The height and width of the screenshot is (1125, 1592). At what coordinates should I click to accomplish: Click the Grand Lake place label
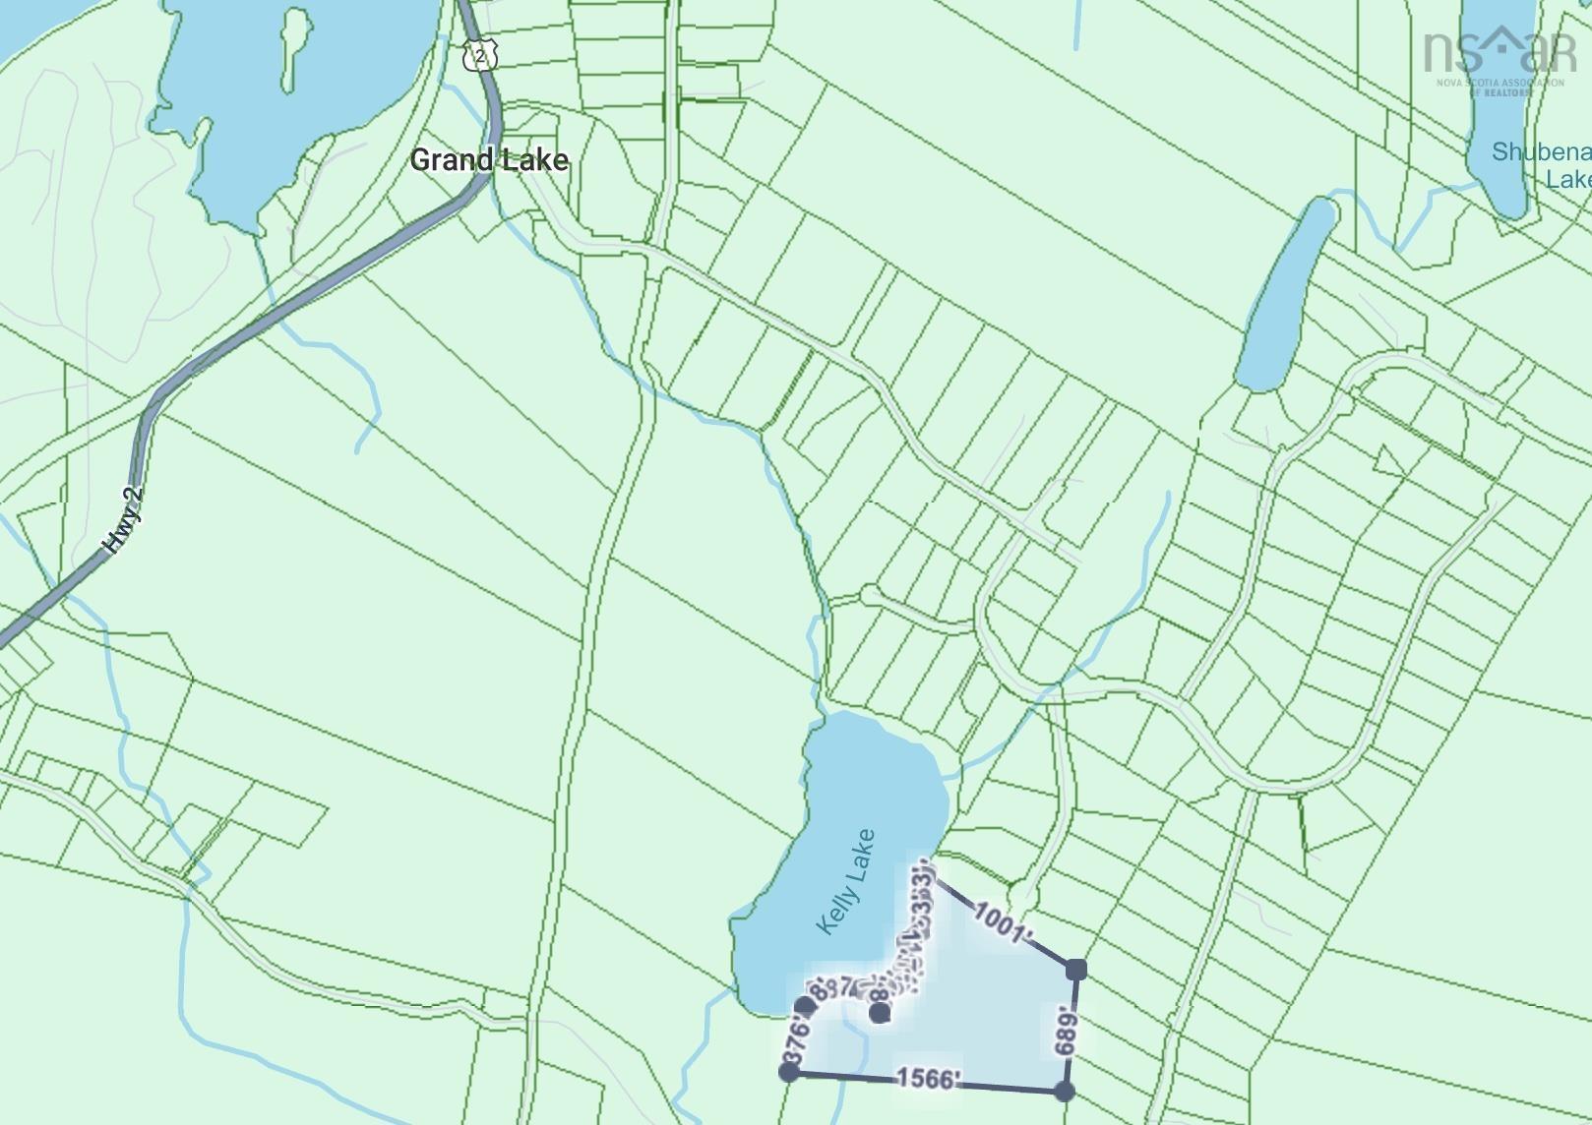tap(489, 159)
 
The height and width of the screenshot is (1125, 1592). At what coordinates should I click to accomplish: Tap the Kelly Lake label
tap(845, 881)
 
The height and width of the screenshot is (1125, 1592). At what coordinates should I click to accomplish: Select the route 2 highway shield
tap(479, 55)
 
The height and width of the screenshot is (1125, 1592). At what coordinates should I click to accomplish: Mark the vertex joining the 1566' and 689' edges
tap(1064, 1091)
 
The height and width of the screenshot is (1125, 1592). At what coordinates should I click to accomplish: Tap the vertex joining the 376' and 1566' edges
tap(789, 1071)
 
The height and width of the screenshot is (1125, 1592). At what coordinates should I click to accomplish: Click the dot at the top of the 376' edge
tap(805, 1005)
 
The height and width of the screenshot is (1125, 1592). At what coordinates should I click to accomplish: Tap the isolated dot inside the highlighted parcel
tap(880, 1013)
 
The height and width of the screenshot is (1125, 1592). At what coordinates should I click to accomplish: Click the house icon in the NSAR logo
tap(1502, 40)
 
